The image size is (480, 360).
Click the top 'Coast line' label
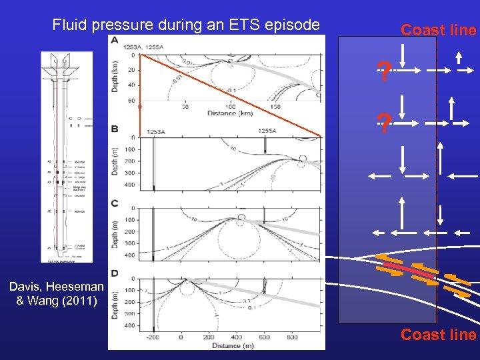pos(438,30)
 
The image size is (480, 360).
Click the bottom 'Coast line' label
pos(438,335)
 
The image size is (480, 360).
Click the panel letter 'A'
pos(115,41)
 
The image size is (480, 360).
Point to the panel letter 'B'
pos(115,129)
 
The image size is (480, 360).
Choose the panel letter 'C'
pos(115,203)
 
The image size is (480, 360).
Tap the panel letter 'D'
pos(115,273)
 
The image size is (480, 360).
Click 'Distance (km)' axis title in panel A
pos(230,114)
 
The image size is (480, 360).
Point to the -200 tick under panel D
pos(153,337)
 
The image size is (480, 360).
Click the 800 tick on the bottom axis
pos(292,337)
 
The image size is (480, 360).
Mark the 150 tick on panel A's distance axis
pos(274,107)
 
